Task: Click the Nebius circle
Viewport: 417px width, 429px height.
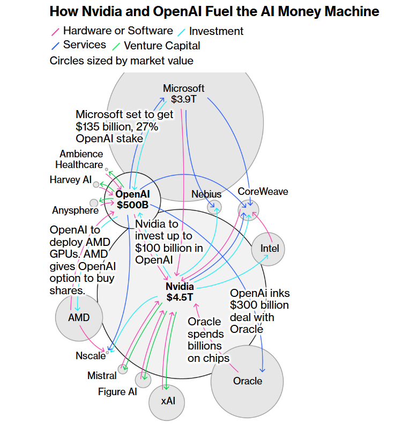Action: click(214, 207)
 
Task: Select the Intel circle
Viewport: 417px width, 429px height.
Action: click(269, 249)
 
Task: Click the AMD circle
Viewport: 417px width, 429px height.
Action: click(79, 317)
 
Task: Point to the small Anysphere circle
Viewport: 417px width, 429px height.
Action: click(94, 203)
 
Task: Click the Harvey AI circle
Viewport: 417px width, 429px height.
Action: click(96, 185)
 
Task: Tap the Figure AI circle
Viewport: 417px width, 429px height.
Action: click(143, 380)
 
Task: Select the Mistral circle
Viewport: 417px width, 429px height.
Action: click(123, 369)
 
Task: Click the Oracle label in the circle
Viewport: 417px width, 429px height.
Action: click(248, 381)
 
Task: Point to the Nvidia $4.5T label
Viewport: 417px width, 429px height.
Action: click(180, 292)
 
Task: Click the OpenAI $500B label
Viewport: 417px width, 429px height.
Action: click(133, 199)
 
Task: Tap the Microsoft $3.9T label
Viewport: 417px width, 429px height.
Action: click(184, 93)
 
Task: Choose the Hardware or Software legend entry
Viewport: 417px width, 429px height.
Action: click(118, 31)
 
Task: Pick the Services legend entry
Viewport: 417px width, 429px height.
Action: click(84, 45)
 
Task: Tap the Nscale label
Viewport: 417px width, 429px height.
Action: click(91, 355)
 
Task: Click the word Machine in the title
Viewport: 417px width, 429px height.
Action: click(351, 11)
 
